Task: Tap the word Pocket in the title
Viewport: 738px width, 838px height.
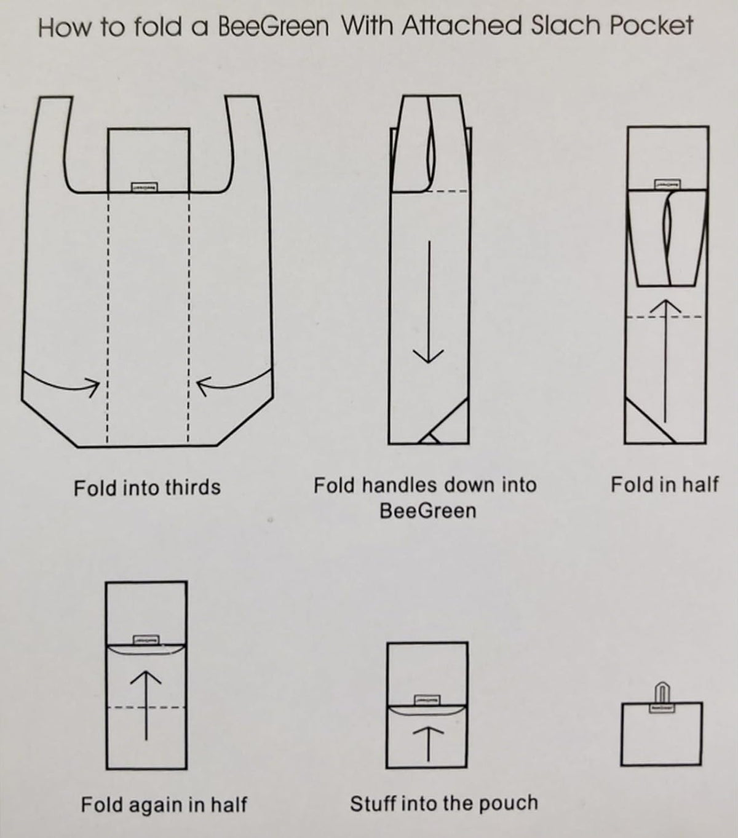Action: pos(651,26)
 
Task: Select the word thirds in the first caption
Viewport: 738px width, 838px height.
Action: pos(192,488)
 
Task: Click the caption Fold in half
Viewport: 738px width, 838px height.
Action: pos(665,484)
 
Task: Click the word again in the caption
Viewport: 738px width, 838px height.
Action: pos(155,805)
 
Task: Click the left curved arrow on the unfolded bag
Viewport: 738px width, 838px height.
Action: pos(62,382)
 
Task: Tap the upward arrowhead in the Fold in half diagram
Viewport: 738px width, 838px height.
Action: pos(665,307)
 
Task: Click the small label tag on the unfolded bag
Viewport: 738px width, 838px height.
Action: pos(144,188)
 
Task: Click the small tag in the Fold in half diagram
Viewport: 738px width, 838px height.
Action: pos(667,184)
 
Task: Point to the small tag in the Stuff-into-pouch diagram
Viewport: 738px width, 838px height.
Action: pos(427,700)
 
